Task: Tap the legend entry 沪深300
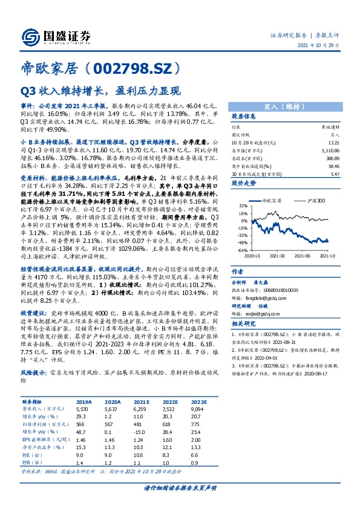pyautogui.click(x=317, y=199)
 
